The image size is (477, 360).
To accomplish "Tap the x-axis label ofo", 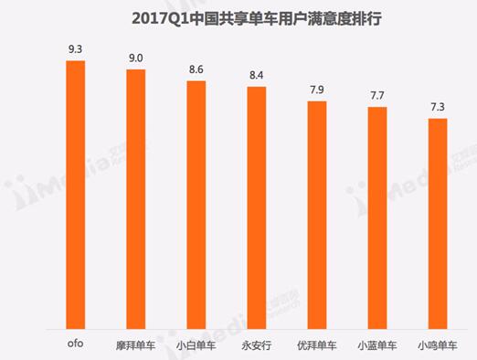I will tap(76, 344).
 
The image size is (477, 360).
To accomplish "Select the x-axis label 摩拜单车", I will tap(136, 344).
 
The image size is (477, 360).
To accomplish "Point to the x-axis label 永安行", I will tap(256, 344).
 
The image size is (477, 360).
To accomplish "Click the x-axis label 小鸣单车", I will tap(437, 344).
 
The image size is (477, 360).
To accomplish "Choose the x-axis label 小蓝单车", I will tap(376, 344).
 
